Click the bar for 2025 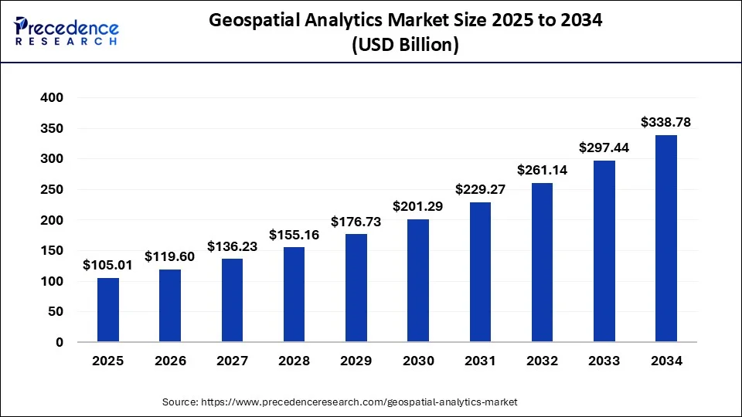click(108, 310)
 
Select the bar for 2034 click(666, 239)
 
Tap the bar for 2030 click(418, 280)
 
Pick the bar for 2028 click(294, 294)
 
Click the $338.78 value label click(666, 122)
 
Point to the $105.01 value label click(108, 265)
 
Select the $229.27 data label click(480, 188)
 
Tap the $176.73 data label click(356, 221)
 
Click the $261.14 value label click(542, 170)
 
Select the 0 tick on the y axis click(59, 342)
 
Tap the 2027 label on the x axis click(232, 361)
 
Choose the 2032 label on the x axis click(542, 361)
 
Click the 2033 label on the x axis click(604, 361)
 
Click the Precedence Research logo click(66, 32)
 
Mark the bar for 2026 click(170, 306)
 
